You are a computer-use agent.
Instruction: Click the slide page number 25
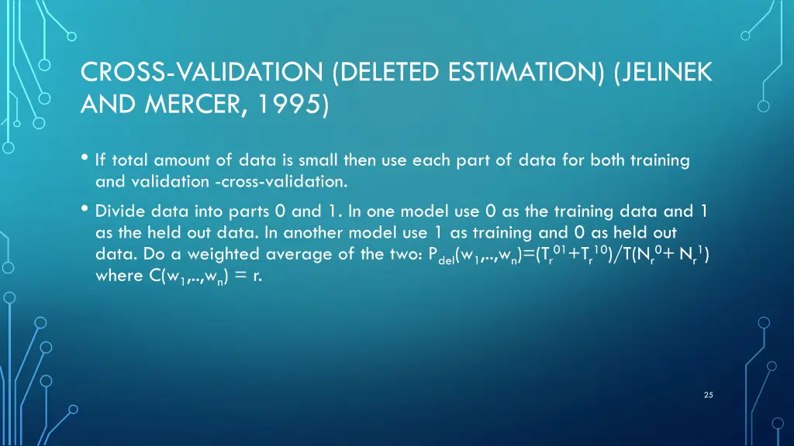pyautogui.click(x=708, y=395)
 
